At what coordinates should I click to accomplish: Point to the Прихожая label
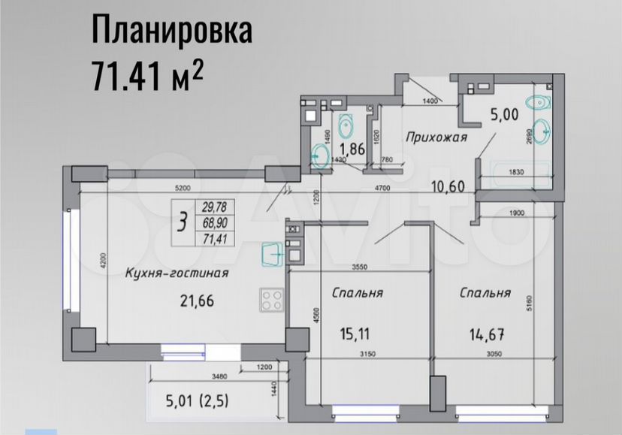point(436,137)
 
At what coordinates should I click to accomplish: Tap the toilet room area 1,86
point(352,149)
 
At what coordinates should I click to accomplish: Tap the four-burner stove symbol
point(272,301)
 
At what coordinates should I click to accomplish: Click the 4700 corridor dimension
point(385,192)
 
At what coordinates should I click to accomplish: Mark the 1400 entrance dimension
point(430,101)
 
